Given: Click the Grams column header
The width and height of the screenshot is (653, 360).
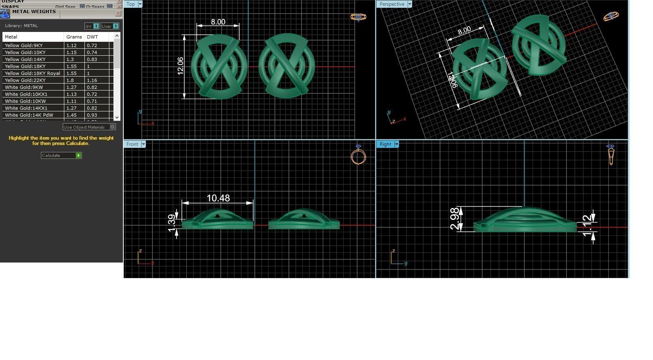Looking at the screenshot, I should (x=74, y=37).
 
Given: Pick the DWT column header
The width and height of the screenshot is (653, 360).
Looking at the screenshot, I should (x=93, y=37).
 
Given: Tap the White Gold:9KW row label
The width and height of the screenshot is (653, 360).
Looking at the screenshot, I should (x=24, y=87).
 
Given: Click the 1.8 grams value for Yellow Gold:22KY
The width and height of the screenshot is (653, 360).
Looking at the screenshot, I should (x=70, y=80).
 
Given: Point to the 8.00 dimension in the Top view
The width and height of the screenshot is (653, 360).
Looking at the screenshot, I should (x=218, y=22).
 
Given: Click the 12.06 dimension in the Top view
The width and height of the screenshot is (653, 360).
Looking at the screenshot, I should (x=180, y=66).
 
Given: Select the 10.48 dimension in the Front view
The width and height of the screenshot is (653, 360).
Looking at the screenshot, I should (x=218, y=198).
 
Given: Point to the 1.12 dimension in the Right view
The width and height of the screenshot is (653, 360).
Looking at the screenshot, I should (x=587, y=225).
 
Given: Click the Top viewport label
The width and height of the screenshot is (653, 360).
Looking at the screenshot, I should (x=131, y=4).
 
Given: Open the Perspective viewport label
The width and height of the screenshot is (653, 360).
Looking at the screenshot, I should (x=392, y=4).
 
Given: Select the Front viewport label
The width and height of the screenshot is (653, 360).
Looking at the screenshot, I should (x=132, y=144).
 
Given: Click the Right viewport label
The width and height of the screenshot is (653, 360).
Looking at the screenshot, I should (x=385, y=144).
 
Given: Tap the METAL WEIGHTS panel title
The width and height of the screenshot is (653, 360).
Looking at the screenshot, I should (x=34, y=12).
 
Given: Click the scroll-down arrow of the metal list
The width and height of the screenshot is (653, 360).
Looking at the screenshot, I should (x=117, y=118).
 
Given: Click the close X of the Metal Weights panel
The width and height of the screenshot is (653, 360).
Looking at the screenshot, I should (x=118, y=14).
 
